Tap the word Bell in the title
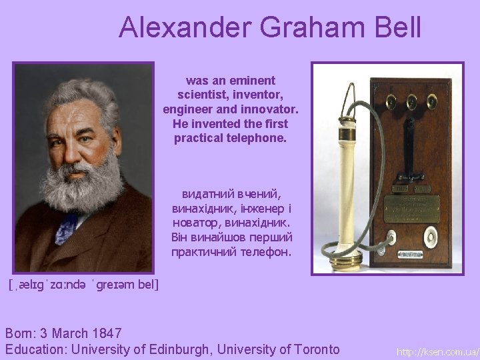tap(396, 28)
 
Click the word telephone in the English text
tap(257, 139)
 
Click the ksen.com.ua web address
tap(437, 351)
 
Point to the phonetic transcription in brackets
tap(84, 285)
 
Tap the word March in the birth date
tap(75, 333)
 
